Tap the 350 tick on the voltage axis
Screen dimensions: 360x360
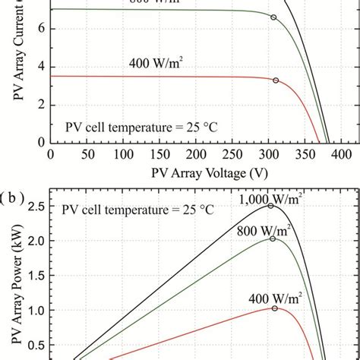click(x=275, y=155)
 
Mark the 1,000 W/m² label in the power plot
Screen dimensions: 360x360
click(x=267, y=200)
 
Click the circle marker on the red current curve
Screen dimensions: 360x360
click(x=276, y=80)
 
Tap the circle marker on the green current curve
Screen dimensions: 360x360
click(x=274, y=17)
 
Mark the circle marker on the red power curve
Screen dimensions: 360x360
click(x=275, y=308)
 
